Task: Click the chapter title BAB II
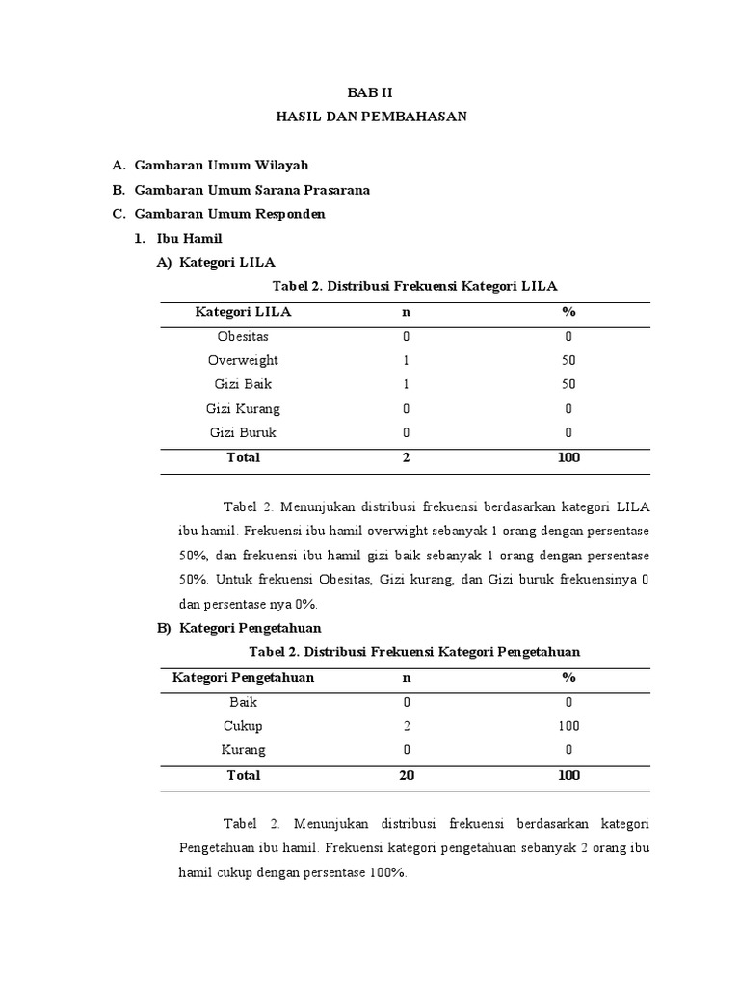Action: pos(371,92)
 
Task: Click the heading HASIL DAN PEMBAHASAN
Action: pos(371,117)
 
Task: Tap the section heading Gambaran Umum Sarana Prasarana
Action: pos(251,190)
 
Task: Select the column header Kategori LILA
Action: pos(243,312)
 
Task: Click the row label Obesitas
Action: pos(243,337)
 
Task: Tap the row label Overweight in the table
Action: pos(243,361)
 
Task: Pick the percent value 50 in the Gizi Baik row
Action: pos(568,385)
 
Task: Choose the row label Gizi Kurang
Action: pos(243,409)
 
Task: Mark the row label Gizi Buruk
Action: pos(243,433)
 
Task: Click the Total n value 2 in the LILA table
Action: pos(407,458)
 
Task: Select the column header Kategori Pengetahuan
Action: pos(243,678)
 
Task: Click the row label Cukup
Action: pos(243,726)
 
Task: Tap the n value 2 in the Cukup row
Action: pos(407,726)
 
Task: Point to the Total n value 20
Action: pos(407,775)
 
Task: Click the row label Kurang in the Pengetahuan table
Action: pos(243,750)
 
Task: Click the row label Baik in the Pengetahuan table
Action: pos(243,702)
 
